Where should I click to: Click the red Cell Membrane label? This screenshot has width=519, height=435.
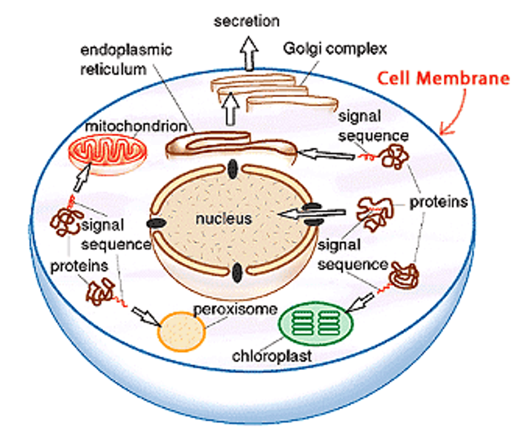[443, 78]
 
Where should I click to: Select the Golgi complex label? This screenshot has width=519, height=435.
[335, 49]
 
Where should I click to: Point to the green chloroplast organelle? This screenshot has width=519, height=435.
[315, 323]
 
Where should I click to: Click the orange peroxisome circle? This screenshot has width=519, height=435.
[181, 331]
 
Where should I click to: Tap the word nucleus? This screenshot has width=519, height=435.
[223, 219]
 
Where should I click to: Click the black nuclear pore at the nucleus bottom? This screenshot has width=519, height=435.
[237, 273]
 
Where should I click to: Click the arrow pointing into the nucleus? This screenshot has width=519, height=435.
[312, 214]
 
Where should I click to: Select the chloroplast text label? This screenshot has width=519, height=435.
[272, 356]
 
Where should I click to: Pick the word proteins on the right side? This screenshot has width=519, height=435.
[438, 202]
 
